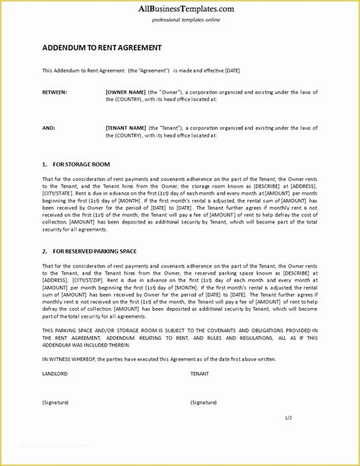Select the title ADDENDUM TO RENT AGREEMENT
(x=102, y=47)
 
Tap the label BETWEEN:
(x=55, y=92)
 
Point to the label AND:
(x=49, y=128)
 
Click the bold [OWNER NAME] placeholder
(x=126, y=92)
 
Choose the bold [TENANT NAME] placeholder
(x=127, y=128)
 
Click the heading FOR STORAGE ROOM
(x=81, y=164)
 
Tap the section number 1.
(x=44, y=164)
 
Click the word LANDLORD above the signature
(x=55, y=373)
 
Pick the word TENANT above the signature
(x=200, y=373)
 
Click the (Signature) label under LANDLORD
(x=55, y=401)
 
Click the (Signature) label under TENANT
(x=204, y=401)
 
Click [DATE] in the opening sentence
(x=231, y=70)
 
